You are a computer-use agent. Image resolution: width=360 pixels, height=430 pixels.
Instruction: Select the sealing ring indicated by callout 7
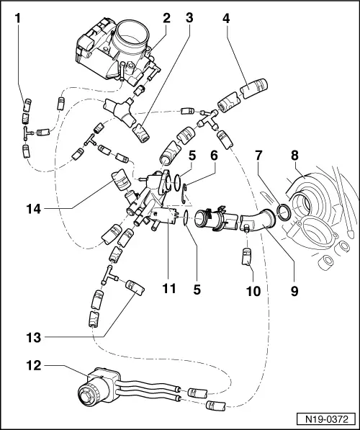[x=285, y=211]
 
